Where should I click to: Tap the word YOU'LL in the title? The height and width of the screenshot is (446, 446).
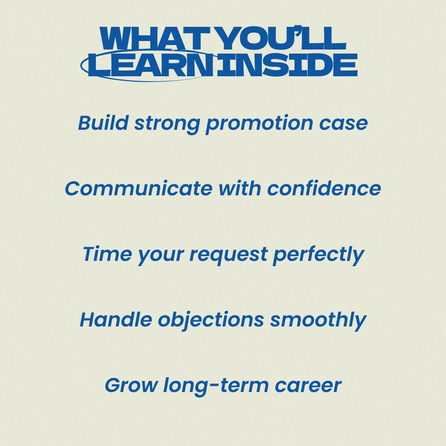tap(283, 38)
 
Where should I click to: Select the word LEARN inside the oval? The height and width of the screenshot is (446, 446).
tap(151, 65)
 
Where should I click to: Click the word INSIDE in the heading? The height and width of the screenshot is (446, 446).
tap(287, 65)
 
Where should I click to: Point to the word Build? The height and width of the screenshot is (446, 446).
tap(103, 123)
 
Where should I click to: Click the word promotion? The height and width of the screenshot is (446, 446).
tap(259, 124)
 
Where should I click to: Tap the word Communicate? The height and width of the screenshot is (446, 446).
tap(139, 189)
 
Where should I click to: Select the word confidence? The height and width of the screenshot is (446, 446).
tap(324, 189)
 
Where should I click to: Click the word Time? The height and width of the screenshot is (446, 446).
tap(107, 254)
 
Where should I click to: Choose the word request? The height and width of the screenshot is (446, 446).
tap(228, 256)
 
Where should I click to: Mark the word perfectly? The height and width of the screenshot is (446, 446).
tap(318, 256)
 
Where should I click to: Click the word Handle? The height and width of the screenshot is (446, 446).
tap(116, 319)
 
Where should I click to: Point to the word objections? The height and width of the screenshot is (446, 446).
tap(211, 321)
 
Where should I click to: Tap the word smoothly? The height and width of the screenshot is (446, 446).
tap(318, 321)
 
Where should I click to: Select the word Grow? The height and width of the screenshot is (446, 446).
tap(131, 385)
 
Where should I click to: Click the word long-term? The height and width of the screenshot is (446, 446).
tap(216, 387)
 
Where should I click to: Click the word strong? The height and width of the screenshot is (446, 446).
tap(167, 124)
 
